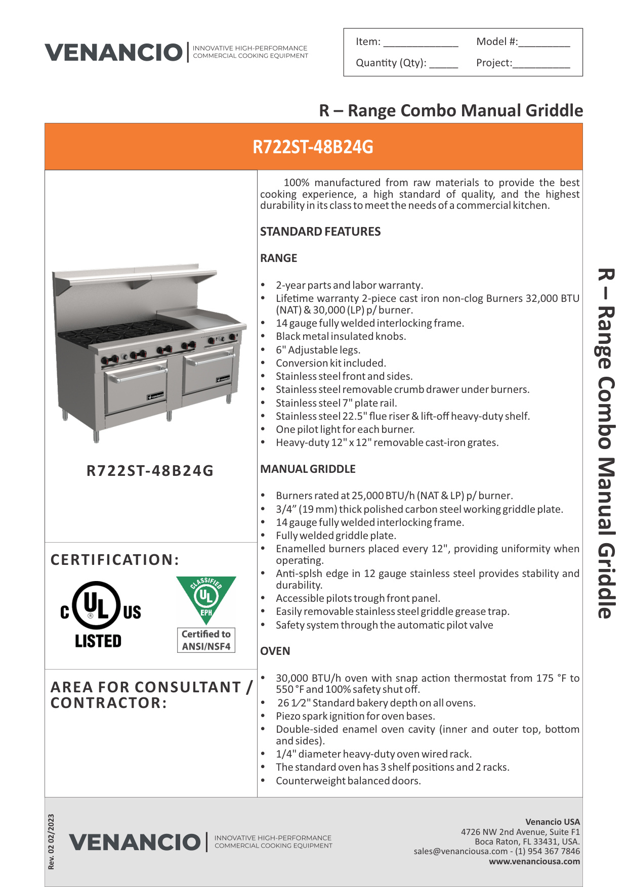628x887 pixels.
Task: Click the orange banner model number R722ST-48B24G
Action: tap(313, 147)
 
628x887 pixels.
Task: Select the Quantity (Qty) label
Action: tap(391, 63)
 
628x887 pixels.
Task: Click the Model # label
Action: tap(496, 41)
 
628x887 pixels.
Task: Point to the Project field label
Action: tap(494, 63)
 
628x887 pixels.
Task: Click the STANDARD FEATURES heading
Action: tap(320, 232)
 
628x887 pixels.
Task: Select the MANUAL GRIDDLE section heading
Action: tap(308, 469)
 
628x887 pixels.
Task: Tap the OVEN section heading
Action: tap(275, 651)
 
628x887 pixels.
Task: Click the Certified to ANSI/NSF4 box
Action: tap(206, 640)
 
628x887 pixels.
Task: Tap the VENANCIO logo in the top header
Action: tap(114, 52)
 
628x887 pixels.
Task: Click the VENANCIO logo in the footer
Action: tap(135, 842)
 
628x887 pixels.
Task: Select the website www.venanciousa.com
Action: tap(534, 861)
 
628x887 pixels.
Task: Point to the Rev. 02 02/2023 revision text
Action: tap(51, 841)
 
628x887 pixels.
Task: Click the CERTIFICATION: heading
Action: tap(115, 560)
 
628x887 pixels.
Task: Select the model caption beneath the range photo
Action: tap(150, 471)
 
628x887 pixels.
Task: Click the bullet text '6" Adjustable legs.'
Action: tap(318, 350)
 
